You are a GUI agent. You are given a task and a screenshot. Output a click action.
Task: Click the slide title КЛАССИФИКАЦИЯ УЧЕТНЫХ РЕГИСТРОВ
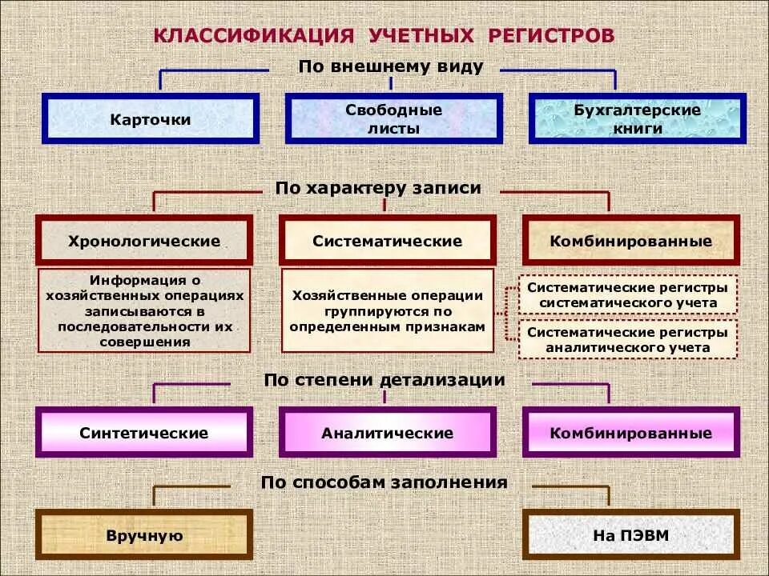[384, 36]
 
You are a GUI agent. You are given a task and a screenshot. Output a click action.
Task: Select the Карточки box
[151, 119]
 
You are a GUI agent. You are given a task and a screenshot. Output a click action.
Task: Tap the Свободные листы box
[393, 119]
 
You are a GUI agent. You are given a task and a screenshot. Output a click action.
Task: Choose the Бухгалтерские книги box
[637, 119]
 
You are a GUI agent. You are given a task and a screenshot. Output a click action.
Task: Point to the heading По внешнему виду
[391, 66]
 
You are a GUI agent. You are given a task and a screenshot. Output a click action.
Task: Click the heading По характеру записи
[378, 188]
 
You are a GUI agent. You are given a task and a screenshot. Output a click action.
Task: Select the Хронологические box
[144, 241]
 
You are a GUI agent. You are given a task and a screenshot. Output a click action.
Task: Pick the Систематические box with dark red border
[388, 241]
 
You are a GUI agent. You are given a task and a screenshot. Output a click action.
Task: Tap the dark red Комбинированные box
[631, 241]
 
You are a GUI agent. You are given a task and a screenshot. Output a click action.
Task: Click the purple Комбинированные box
[631, 433]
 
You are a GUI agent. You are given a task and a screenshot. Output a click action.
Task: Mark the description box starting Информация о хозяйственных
[144, 310]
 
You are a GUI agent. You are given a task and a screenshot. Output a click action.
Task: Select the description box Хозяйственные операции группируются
[388, 311]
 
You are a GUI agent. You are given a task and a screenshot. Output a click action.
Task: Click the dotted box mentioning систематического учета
[627, 295]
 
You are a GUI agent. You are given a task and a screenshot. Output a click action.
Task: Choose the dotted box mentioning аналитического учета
[627, 339]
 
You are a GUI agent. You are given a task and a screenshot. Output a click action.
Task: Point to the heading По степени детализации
[384, 380]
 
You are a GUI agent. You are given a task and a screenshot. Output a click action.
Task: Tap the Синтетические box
[144, 433]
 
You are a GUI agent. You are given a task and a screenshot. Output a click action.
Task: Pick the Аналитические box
[388, 433]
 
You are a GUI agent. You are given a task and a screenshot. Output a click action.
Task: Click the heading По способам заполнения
[384, 482]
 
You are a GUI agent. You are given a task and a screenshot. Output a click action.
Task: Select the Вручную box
[144, 535]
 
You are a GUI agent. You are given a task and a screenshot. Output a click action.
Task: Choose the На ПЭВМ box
[631, 535]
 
